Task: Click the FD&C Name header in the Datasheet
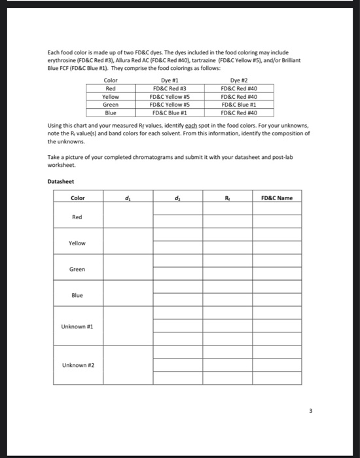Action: click(277, 198)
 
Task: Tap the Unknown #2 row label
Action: click(77, 364)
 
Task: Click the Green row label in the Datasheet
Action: click(77, 269)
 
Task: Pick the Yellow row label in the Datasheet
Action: click(77, 243)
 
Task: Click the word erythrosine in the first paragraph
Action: click(63, 60)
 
